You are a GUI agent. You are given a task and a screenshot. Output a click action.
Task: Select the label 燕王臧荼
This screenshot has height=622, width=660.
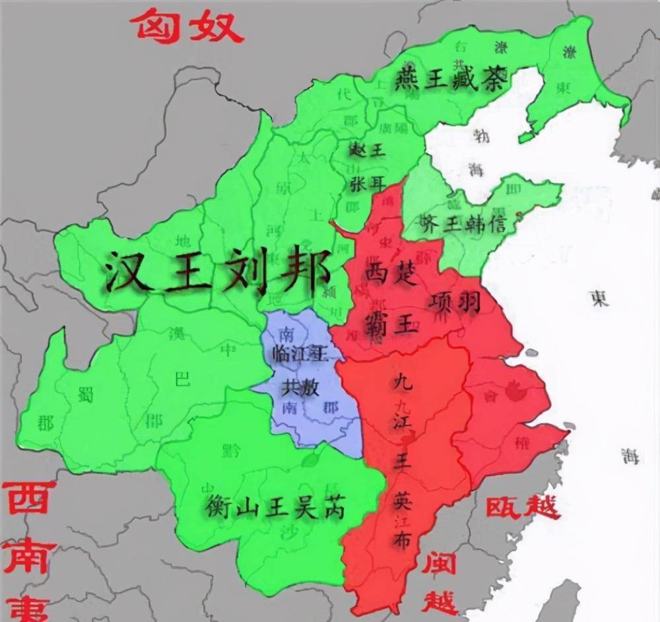click(451, 81)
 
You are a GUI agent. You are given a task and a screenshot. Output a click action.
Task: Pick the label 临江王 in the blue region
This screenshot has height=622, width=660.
click(299, 354)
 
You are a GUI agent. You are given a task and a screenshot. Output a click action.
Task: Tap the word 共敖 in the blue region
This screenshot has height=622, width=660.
click(300, 388)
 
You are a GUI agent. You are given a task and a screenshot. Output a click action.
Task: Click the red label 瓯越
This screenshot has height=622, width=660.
click(523, 507)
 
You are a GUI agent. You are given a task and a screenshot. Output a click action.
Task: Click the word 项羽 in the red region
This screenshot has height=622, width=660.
click(454, 303)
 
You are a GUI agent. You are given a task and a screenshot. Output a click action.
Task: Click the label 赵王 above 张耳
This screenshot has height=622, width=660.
click(366, 151)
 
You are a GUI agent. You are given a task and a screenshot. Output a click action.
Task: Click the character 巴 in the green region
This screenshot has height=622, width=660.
click(181, 380)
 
